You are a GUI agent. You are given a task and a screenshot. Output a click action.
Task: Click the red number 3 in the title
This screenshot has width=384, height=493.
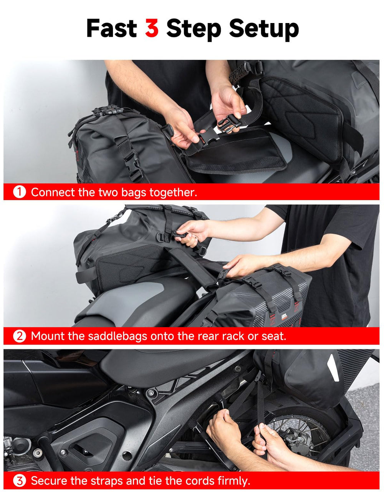coord(152,28)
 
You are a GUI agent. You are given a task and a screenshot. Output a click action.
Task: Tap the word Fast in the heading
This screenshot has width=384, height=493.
coord(112,28)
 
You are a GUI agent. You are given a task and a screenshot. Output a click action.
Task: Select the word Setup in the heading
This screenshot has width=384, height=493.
coord(264,30)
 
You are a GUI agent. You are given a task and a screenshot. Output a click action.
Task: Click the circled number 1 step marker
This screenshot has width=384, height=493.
coord(20,192)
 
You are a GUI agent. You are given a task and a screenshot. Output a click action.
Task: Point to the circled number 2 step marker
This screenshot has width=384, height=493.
coord(20,336)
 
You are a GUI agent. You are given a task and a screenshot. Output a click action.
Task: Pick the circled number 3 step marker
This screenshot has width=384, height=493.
coord(20,481)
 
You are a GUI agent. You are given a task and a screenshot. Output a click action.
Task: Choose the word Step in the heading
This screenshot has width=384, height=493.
coord(194,30)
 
